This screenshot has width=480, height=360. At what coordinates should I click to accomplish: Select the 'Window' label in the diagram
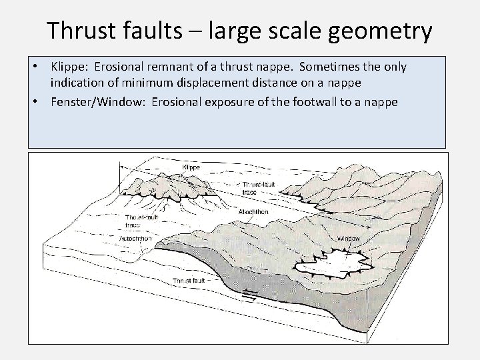tap(349, 238)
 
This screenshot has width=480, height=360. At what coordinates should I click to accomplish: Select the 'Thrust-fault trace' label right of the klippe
tap(256, 187)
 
